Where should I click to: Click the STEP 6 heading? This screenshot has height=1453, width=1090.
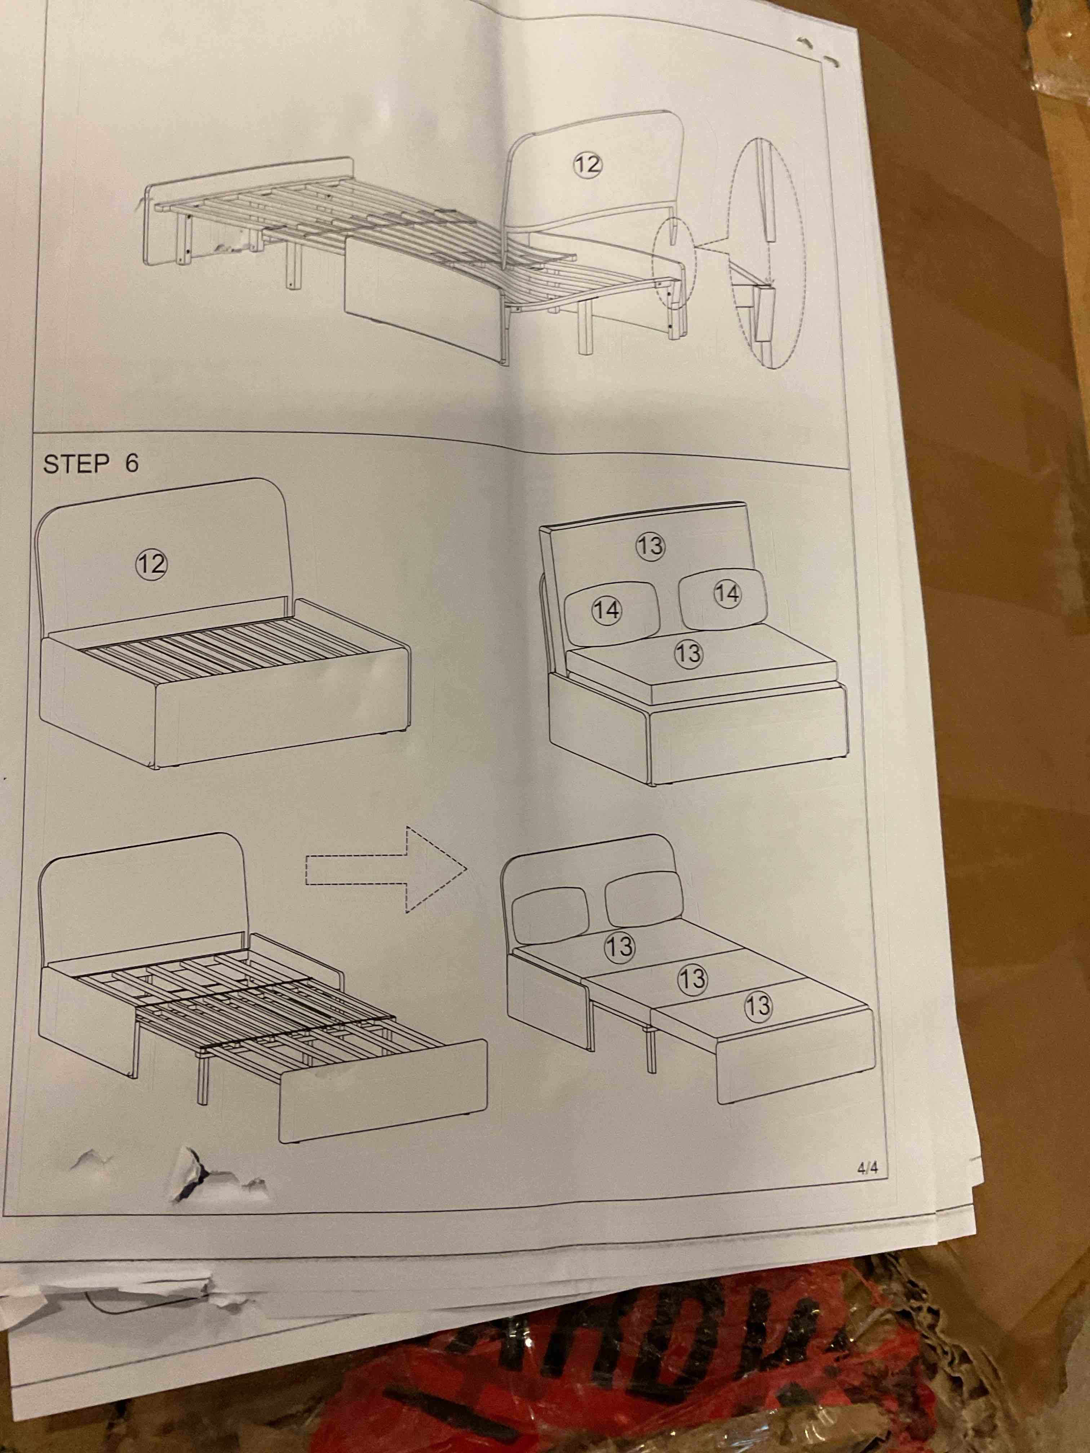pos(91,464)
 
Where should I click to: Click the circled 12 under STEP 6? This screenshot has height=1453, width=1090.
pos(151,564)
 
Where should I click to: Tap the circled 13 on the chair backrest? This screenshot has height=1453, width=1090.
pos(651,546)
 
